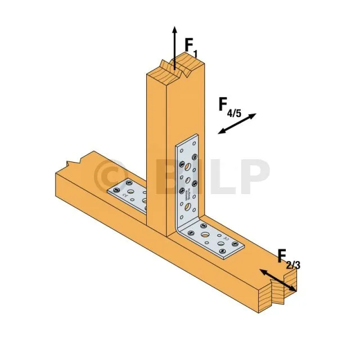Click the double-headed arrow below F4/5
tap(237, 124)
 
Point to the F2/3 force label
tap(289, 259)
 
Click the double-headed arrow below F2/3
tap(277, 280)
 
